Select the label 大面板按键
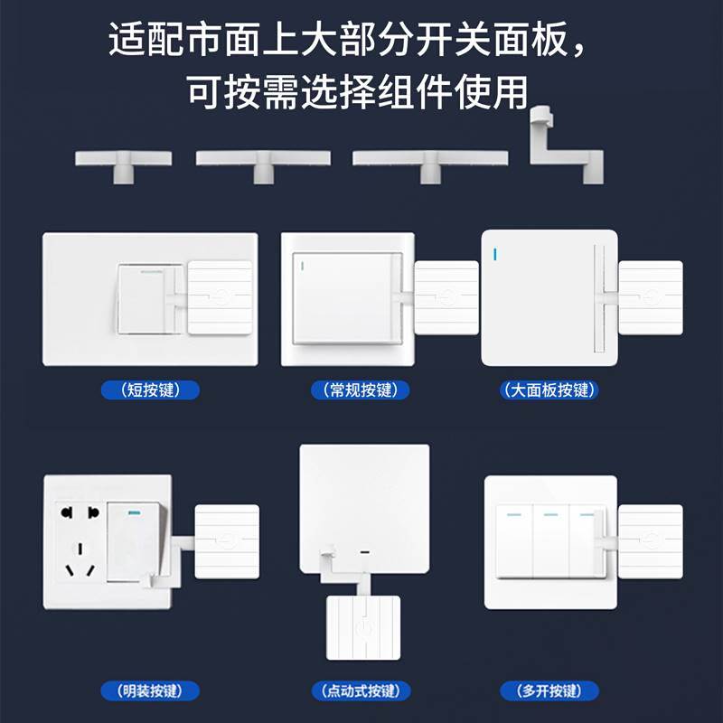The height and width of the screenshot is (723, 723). pos(549,390)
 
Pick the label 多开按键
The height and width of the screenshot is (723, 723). pos(549,691)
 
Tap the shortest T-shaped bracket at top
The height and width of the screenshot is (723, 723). pos(123,162)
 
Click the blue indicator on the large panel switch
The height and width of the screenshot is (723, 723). pos(494,253)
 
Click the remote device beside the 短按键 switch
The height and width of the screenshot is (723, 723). pos(221,296)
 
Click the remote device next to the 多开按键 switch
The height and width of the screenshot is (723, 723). pos(651,541)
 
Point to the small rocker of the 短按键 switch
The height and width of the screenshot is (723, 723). pos(141,297)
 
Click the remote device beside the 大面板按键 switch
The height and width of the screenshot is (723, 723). pos(651,297)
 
